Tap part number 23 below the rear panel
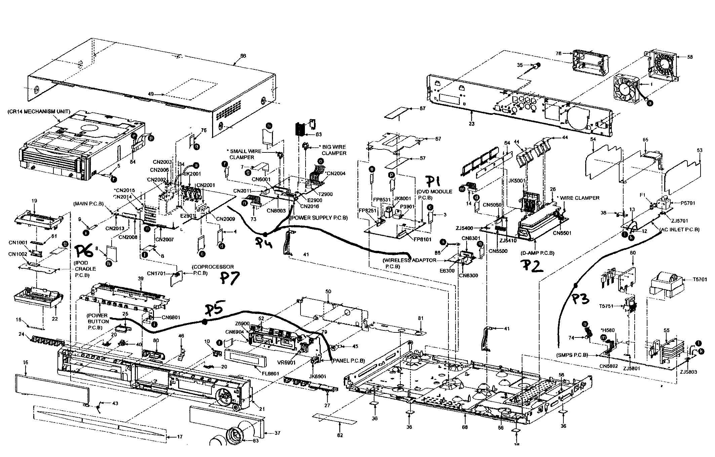click(x=472, y=124)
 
